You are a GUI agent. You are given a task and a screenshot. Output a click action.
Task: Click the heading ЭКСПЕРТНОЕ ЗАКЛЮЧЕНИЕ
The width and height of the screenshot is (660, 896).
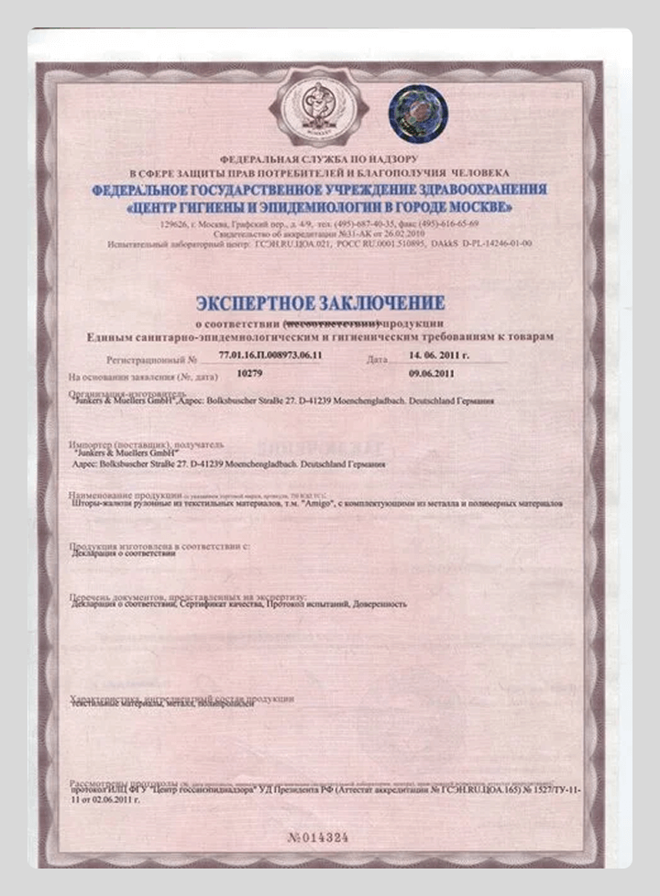click(321, 303)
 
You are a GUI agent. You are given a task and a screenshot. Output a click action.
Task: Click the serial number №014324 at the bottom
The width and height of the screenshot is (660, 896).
click(318, 837)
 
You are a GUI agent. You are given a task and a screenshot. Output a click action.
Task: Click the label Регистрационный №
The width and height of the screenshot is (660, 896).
click(146, 361)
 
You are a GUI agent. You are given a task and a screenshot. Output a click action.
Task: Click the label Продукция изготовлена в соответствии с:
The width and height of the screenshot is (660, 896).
click(160, 548)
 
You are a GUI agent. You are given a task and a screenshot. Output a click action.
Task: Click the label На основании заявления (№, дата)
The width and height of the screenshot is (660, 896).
click(142, 377)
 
